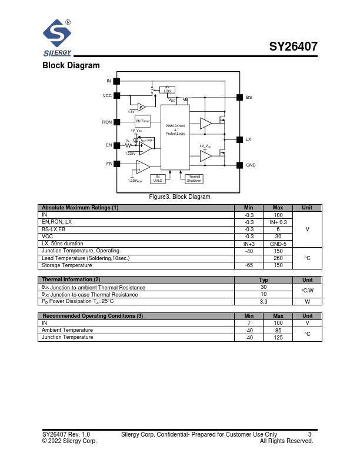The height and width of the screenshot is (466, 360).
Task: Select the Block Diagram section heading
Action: (x=71, y=65)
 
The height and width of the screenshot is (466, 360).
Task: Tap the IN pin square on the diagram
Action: (x=116, y=81)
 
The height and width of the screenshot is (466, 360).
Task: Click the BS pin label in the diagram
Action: (x=249, y=97)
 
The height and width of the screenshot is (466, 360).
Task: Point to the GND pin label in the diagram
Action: (x=251, y=165)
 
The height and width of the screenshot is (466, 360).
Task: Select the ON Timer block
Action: (x=143, y=121)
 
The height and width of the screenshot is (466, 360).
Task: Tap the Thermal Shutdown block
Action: (x=194, y=178)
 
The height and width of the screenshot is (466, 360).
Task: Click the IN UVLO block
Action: (x=158, y=178)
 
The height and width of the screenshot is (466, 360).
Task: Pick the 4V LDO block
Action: (x=167, y=89)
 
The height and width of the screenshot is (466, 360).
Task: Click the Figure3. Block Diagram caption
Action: (x=179, y=197)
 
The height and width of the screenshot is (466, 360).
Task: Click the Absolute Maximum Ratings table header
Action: (x=79, y=208)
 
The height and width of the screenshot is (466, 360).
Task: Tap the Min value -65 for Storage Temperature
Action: (x=249, y=265)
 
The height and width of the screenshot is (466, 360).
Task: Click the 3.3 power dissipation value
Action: (x=264, y=301)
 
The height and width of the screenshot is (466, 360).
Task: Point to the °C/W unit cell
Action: (x=307, y=291)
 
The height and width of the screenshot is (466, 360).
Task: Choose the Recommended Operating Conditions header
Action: (x=92, y=316)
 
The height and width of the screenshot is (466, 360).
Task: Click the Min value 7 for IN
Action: (x=249, y=323)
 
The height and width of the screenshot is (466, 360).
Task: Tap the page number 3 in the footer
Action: (x=309, y=435)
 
